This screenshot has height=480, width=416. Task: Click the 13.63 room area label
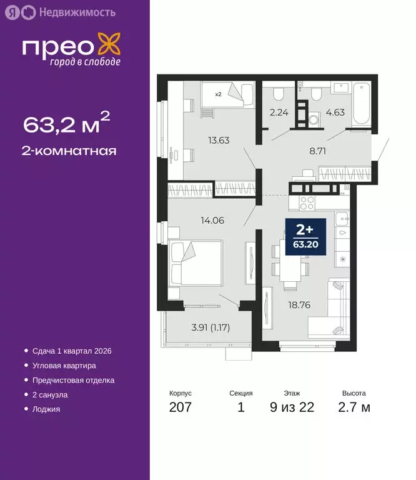coord(219,140)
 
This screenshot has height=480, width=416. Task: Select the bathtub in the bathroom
coord(362,104)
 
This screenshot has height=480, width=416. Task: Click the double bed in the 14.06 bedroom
coord(194,263)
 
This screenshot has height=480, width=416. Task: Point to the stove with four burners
coord(306,202)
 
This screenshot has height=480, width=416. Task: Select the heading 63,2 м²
coord(67,124)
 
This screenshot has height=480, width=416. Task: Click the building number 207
coord(181,408)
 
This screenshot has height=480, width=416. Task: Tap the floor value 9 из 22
coord(292,408)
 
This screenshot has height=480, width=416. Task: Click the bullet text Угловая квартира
coord(64,366)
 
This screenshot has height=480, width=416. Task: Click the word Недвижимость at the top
coord(77,12)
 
